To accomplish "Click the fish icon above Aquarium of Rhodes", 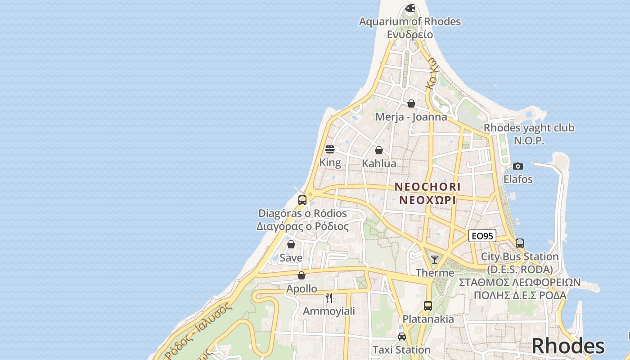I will pyautogui.click(x=410, y=8).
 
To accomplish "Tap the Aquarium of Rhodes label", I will pyautogui.click(x=410, y=22).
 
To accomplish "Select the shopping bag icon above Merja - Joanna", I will pyautogui.click(x=411, y=103).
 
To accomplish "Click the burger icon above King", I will pyautogui.click(x=330, y=149).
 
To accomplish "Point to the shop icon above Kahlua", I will pyautogui.click(x=379, y=150).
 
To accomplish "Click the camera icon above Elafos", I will pyautogui.click(x=518, y=166).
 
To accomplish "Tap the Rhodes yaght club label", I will pyautogui.click(x=529, y=128).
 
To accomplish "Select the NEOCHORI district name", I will pyautogui.click(x=427, y=186).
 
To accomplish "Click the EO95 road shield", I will pyautogui.click(x=482, y=236).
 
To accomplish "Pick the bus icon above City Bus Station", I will pyautogui.click(x=520, y=243).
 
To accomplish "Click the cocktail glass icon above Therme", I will pyautogui.click(x=435, y=260).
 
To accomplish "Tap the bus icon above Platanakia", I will pyautogui.click(x=428, y=306).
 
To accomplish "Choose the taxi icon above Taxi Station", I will pyautogui.click(x=402, y=337).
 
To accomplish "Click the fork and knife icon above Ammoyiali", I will pyautogui.click(x=329, y=298).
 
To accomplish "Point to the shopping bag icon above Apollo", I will pyautogui.click(x=301, y=275).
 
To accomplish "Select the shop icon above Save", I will pyautogui.click(x=291, y=245).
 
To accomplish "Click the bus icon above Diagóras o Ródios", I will pyautogui.click(x=302, y=200).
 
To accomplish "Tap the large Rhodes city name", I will pyautogui.click(x=568, y=346).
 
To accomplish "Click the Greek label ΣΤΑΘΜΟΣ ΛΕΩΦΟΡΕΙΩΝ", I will pyautogui.click(x=520, y=283).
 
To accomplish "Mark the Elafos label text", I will pyautogui.click(x=518, y=179).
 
